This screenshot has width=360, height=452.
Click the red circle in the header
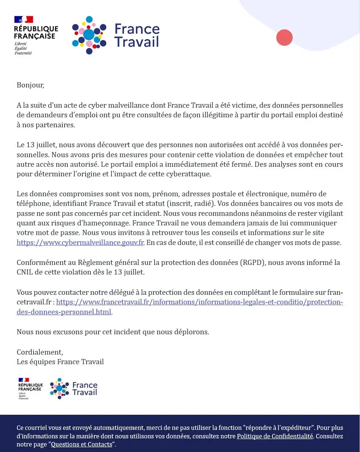click(284, 38)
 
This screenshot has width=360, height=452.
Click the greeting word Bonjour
click(30, 85)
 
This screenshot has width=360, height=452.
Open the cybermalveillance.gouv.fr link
click(80, 243)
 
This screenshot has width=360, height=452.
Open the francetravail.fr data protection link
click(199, 302)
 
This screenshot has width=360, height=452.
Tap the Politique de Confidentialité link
click(275, 436)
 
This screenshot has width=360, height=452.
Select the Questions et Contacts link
click(81, 444)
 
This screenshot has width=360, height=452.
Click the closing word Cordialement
click(39, 352)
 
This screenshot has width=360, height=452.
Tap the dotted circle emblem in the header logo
click(89, 35)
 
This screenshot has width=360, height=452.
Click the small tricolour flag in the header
click(24, 19)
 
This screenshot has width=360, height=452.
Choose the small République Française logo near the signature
click(30, 388)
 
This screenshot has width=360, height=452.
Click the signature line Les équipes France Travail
click(60, 362)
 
